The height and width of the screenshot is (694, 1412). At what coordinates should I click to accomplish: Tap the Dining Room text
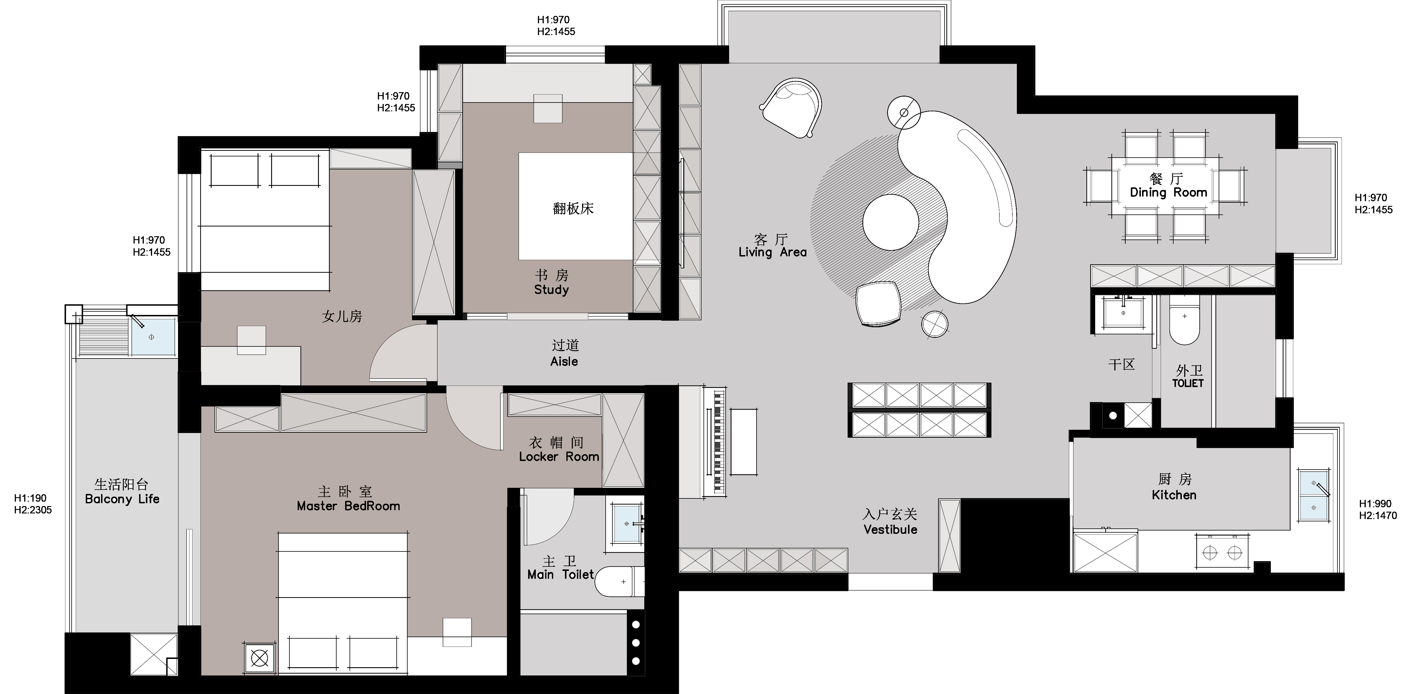pos(1169,192)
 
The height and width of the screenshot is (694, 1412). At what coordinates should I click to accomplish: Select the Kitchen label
pos(1174,495)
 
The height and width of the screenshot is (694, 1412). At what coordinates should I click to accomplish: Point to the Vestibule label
pos(890,529)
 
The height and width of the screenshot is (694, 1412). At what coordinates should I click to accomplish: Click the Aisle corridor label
pos(564,361)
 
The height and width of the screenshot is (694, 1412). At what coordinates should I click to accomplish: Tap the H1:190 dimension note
pos(30,498)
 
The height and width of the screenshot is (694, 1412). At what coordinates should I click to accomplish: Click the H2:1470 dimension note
pos(1378,515)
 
